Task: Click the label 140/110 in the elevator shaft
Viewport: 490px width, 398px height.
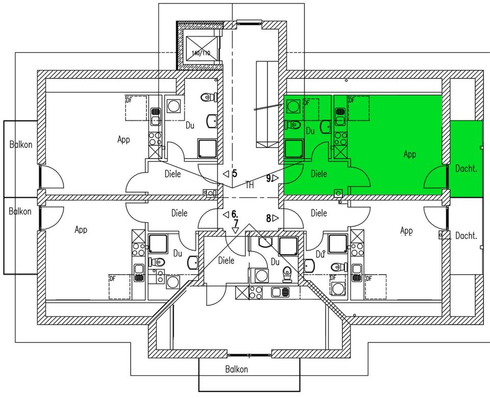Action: click(201, 53)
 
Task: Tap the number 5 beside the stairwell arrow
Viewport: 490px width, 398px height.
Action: click(235, 173)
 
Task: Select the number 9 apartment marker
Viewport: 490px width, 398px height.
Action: click(268, 178)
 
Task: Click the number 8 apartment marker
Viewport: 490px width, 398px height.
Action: click(268, 218)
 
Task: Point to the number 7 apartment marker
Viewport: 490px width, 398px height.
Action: click(236, 223)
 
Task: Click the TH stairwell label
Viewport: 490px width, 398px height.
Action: click(250, 185)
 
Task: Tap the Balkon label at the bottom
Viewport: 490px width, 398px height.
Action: click(236, 369)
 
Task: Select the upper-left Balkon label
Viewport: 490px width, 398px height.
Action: click(20, 144)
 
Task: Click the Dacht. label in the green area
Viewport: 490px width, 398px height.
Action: click(466, 168)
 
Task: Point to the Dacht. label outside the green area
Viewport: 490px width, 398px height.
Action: click(466, 235)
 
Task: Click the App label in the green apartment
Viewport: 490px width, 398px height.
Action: click(410, 153)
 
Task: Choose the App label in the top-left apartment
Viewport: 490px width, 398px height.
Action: click(124, 139)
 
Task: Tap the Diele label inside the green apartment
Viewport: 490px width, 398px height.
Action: click(319, 174)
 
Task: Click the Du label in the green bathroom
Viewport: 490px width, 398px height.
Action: click(310, 131)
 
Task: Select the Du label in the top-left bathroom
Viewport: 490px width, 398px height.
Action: click(190, 124)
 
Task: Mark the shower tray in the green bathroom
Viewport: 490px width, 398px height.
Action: click(294, 149)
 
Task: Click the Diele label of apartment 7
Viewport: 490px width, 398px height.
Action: click(226, 260)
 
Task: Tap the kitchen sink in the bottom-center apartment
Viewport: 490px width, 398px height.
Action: click(280, 292)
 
